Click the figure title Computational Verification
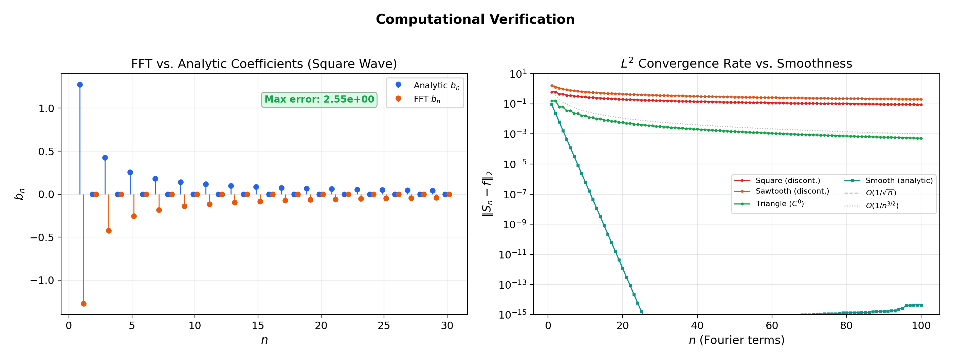(x=475, y=19)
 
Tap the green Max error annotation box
(x=319, y=100)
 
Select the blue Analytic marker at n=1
(x=80, y=85)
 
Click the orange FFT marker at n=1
(x=84, y=304)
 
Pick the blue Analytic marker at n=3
(x=105, y=158)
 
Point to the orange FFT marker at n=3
(x=109, y=231)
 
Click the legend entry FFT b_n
(x=426, y=99)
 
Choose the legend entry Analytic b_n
(x=436, y=86)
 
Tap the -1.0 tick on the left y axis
(x=42, y=281)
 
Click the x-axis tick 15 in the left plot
(x=258, y=326)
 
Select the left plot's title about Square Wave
(x=264, y=64)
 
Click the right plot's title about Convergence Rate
(x=736, y=63)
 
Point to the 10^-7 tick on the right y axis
(x=515, y=194)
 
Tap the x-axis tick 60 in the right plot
(x=772, y=326)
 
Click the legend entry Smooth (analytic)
(x=899, y=181)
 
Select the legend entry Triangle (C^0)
(x=779, y=204)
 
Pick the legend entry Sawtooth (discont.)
(x=792, y=191)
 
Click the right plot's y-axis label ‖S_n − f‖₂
(x=488, y=194)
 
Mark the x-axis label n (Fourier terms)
(x=736, y=340)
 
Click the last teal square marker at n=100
(x=921, y=305)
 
